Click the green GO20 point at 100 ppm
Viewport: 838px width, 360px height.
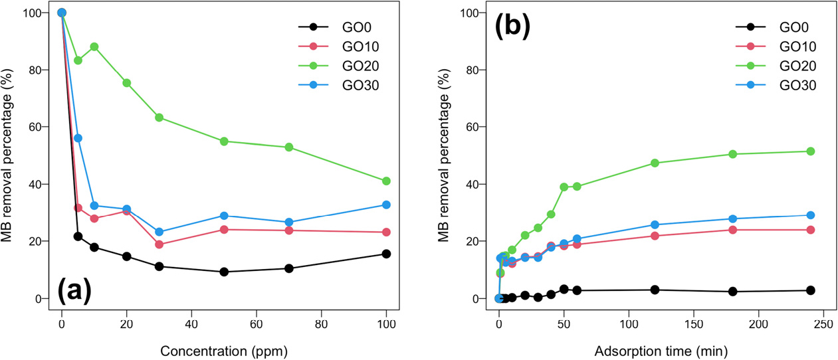pyautogui.click(x=387, y=181)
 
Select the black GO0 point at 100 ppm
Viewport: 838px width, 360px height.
pyautogui.click(x=387, y=254)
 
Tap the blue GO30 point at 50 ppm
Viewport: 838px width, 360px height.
pyautogui.click(x=224, y=216)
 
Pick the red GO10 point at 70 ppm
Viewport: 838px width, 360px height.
pyautogui.click(x=289, y=230)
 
